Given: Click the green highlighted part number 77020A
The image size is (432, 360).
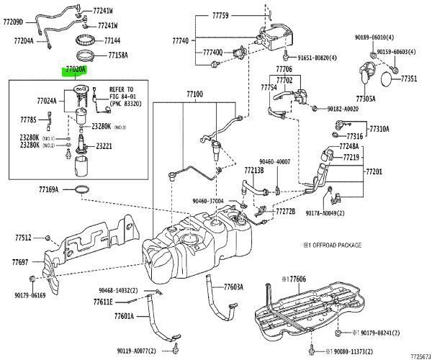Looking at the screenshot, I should click(75, 70).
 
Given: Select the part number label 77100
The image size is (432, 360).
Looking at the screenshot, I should click(194, 95).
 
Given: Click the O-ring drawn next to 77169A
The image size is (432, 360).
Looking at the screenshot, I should click(84, 190).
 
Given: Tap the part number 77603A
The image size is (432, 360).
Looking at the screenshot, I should click(233, 286).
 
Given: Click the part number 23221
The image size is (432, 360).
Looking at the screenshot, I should click(105, 146).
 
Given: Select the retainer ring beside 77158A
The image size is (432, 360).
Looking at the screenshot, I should click(87, 55).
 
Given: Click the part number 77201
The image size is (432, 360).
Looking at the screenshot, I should click(375, 173).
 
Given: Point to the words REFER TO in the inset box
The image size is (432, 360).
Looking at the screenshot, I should click(122, 90).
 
